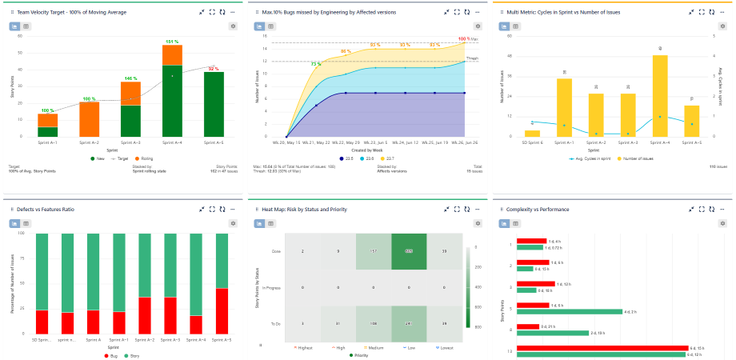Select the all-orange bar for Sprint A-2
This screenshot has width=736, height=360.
pyautogui.click(x=89, y=118)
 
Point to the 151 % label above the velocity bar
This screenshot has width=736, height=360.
pyautogui.click(x=172, y=41)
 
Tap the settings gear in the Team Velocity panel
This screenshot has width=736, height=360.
pyautogui.click(x=233, y=26)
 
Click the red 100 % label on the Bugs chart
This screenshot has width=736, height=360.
pyautogui.click(x=464, y=38)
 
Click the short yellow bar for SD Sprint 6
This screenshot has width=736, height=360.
pyautogui.click(x=532, y=134)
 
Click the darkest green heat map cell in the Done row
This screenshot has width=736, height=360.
pyautogui.click(x=409, y=251)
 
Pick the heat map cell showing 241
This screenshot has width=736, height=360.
pyautogui.click(x=409, y=323)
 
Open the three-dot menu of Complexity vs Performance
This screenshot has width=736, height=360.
pyautogui.click(x=723, y=209)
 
